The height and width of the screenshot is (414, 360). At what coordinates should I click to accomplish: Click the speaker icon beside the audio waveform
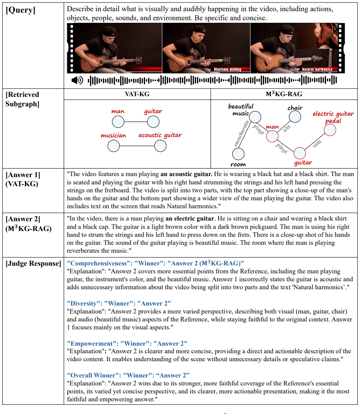click(77, 80)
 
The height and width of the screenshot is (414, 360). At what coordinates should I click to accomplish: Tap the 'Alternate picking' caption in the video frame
click(227, 69)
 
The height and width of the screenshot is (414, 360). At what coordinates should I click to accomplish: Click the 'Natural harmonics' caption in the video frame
click(317, 69)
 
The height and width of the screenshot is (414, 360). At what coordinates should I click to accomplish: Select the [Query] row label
click(21, 10)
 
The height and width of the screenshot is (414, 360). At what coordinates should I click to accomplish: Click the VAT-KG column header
click(137, 94)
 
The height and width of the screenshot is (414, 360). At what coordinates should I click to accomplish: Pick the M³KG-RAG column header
click(284, 94)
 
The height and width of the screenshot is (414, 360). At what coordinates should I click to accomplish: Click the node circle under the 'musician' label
click(113, 146)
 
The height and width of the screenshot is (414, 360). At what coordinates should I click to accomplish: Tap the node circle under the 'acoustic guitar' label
click(160, 146)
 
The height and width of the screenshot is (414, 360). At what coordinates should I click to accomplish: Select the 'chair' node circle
click(295, 117)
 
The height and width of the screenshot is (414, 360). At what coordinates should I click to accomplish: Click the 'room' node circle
click(238, 154)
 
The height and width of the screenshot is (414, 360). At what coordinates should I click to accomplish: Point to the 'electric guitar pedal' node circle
click(330, 130)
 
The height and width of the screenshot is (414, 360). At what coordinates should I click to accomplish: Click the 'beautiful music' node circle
click(255, 117)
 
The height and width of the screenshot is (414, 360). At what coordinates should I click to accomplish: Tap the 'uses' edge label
click(317, 144)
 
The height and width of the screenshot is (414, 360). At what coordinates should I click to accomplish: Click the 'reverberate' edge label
click(241, 133)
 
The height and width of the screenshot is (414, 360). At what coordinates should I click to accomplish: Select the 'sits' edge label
click(287, 128)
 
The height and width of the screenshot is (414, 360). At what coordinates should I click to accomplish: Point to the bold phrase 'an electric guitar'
click(190, 219)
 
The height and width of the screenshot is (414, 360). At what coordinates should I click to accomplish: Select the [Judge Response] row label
click(33, 264)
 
